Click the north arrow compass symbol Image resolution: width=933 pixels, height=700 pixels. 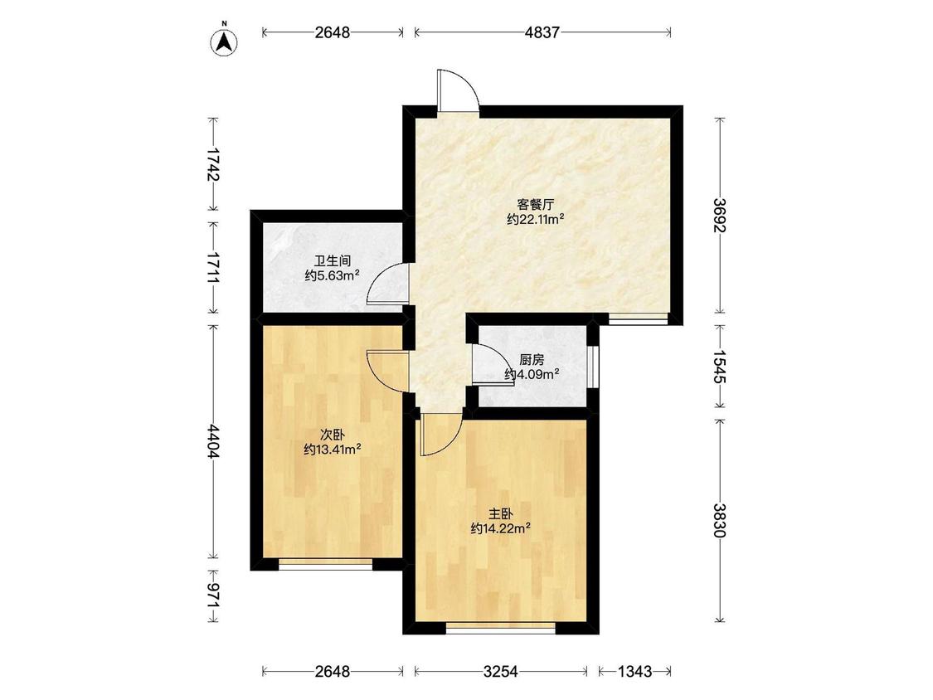[x=224, y=41]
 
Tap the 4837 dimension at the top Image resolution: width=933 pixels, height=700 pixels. [x=542, y=32]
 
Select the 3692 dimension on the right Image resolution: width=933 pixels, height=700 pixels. [x=720, y=216]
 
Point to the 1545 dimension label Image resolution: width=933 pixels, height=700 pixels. [x=720, y=367]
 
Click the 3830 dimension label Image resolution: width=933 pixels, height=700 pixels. [x=720, y=520]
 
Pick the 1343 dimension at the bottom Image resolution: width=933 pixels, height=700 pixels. [x=634, y=672]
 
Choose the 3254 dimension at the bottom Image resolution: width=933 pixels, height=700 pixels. [x=500, y=672]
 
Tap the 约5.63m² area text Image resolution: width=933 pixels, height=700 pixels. [x=332, y=275]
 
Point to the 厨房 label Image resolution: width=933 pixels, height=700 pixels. [x=532, y=360]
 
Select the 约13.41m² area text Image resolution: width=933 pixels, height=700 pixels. [x=332, y=450]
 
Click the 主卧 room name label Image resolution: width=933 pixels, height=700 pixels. [x=501, y=513]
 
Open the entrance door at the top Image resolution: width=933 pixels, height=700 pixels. [x=458, y=90]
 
